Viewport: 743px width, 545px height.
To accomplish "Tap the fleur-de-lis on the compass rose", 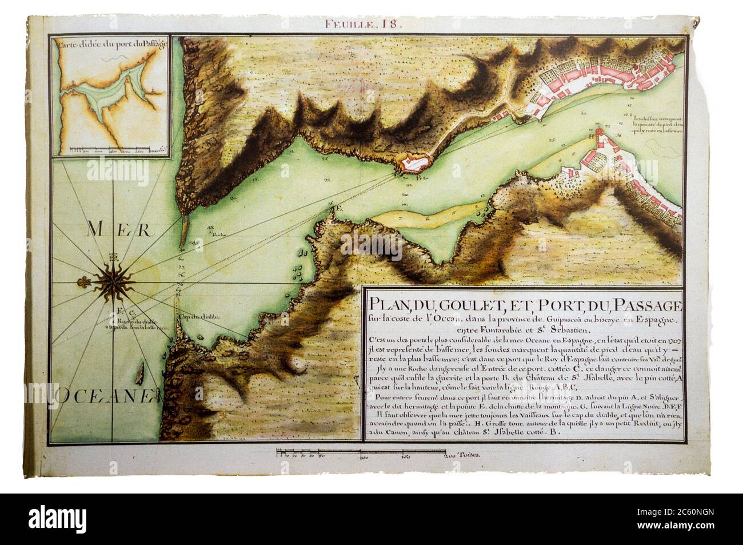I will click(84, 282).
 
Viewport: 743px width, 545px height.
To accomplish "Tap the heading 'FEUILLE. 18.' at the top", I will click(364, 23).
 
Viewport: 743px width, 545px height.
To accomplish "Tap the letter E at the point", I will click(337, 208).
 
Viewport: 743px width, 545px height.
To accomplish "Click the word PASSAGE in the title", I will click(646, 302).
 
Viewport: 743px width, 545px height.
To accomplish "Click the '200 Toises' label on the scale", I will click(461, 453).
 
